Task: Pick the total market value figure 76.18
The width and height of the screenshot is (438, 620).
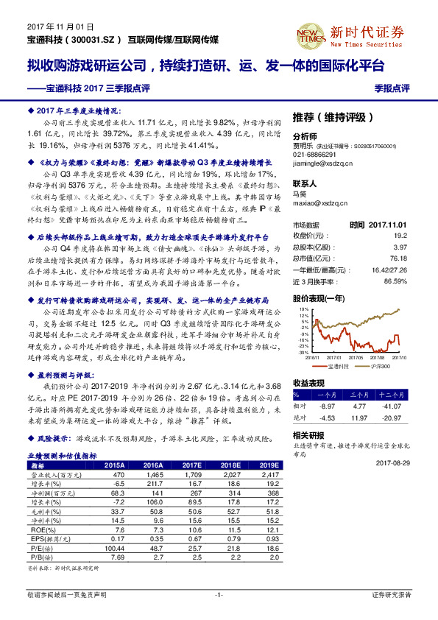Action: pos(398,258)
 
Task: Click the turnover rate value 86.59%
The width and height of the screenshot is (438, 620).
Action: pos(395,281)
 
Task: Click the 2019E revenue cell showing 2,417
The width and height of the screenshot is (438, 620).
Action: pos(268,476)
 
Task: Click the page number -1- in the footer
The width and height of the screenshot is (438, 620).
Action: pos(219,594)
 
